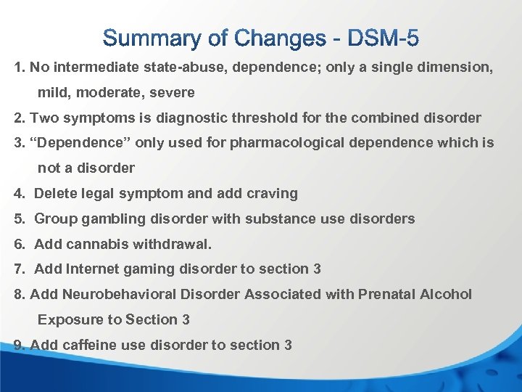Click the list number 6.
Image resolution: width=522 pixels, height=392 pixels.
[19, 244]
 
